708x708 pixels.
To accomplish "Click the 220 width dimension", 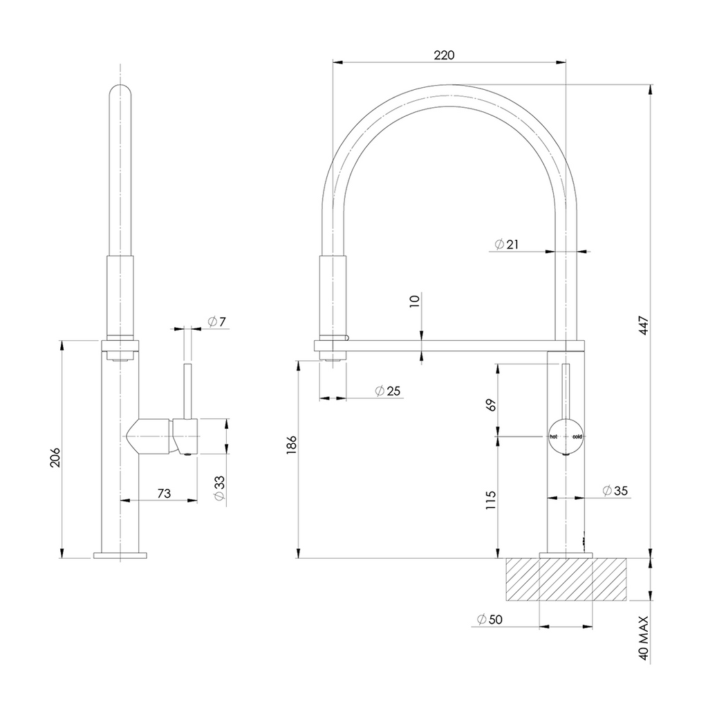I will pyautogui.click(x=444, y=55).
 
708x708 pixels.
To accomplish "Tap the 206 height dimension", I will pyautogui.click(x=55, y=458).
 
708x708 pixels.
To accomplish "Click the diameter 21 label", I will pyautogui.click(x=506, y=244).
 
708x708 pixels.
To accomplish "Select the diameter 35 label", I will pyautogui.click(x=615, y=491).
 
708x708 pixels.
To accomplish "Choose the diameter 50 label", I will pyautogui.click(x=489, y=619).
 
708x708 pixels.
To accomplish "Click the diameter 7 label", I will pyautogui.click(x=216, y=322).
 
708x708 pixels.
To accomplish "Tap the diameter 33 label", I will pyautogui.click(x=218, y=488).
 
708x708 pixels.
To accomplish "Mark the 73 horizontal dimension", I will pyautogui.click(x=165, y=493).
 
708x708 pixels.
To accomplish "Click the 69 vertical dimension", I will pyautogui.click(x=492, y=404).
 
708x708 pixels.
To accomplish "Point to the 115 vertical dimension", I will pyautogui.click(x=492, y=499).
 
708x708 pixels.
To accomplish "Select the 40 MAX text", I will pyautogui.click(x=644, y=639).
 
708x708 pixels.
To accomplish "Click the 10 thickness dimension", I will pyautogui.click(x=414, y=301).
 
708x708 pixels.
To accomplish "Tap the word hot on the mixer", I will pyautogui.click(x=553, y=437).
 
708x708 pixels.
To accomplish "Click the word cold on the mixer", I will pyautogui.click(x=577, y=437).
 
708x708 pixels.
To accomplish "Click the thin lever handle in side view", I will pyautogui.click(x=186, y=391).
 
